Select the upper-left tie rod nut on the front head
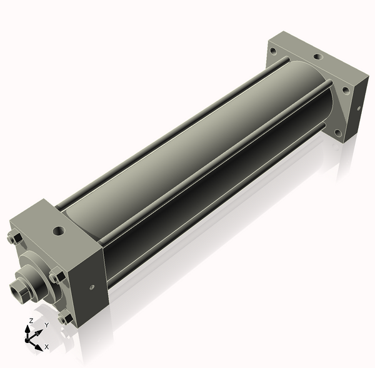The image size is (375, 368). click(x=16, y=238)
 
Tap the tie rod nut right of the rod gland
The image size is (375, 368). click(x=57, y=276)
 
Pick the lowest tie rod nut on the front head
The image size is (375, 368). click(x=64, y=319)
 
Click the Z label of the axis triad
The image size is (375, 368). click(x=31, y=320)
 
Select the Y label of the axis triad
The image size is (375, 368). click(x=46, y=325)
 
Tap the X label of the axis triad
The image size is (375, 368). click(x=47, y=346)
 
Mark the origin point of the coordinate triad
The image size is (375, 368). click(x=28, y=339)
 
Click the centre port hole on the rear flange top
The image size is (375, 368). click(x=318, y=57)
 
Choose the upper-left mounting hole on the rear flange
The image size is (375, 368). click(x=273, y=51)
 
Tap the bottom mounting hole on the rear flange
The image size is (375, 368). click(x=338, y=133)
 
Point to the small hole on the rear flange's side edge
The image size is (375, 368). click(x=359, y=107)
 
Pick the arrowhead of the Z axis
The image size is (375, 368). click(x=28, y=326)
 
